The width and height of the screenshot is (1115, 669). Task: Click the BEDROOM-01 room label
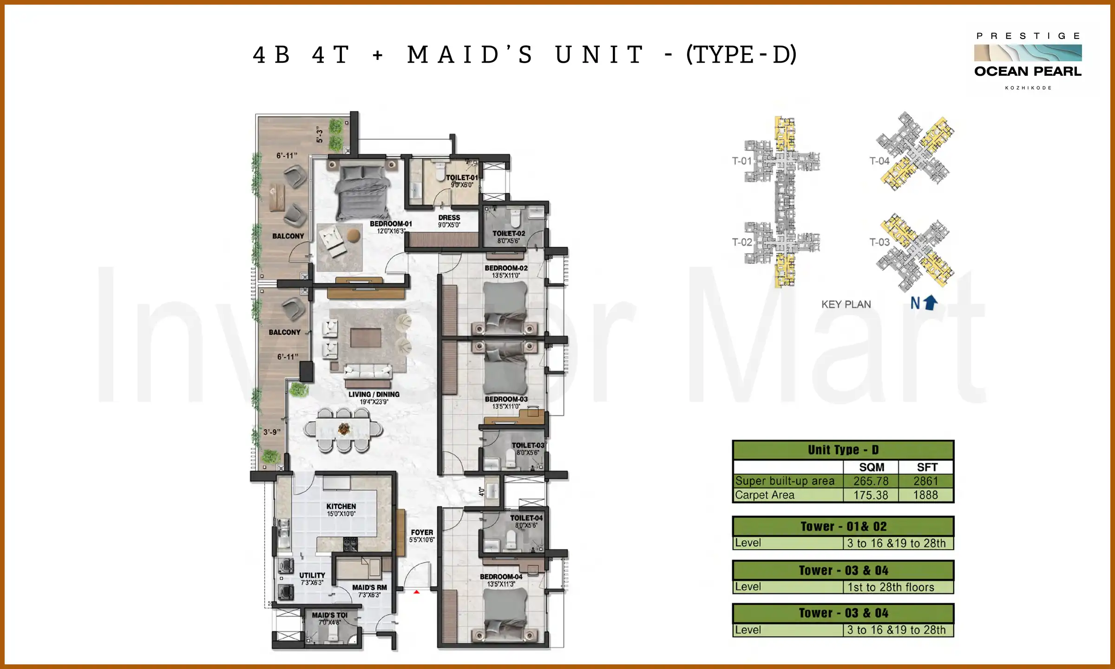[x=391, y=224]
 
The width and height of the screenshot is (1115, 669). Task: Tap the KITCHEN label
[x=341, y=506]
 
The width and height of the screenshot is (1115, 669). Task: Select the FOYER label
[x=422, y=532]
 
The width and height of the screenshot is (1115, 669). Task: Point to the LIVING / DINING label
[x=374, y=394]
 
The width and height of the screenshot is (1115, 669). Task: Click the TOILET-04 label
[x=526, y=518]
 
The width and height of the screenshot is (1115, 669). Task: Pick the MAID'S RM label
[x=369, y=588]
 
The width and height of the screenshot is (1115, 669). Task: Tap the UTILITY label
[x=312, y=575]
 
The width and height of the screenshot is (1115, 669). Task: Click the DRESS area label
[x=449, y=218]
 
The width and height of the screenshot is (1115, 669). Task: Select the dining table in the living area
[x=343, y=429]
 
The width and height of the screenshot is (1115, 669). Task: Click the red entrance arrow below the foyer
[x=417, y=592]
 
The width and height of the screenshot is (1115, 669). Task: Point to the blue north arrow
[x=930, y=303]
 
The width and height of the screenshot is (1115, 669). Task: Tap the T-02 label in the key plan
[x=741, y=242]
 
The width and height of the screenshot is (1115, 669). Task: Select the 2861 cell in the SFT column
[x=926, y=481]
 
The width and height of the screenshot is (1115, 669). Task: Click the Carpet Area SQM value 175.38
[x=871, y=495]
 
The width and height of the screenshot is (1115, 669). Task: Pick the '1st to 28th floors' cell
[x=891, y=587]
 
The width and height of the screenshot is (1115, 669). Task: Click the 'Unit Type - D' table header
[x=843, y=450]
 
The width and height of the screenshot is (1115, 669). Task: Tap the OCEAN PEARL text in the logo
[x=1028, y=72]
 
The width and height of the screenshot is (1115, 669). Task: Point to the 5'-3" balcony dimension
[x=320, y=135]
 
